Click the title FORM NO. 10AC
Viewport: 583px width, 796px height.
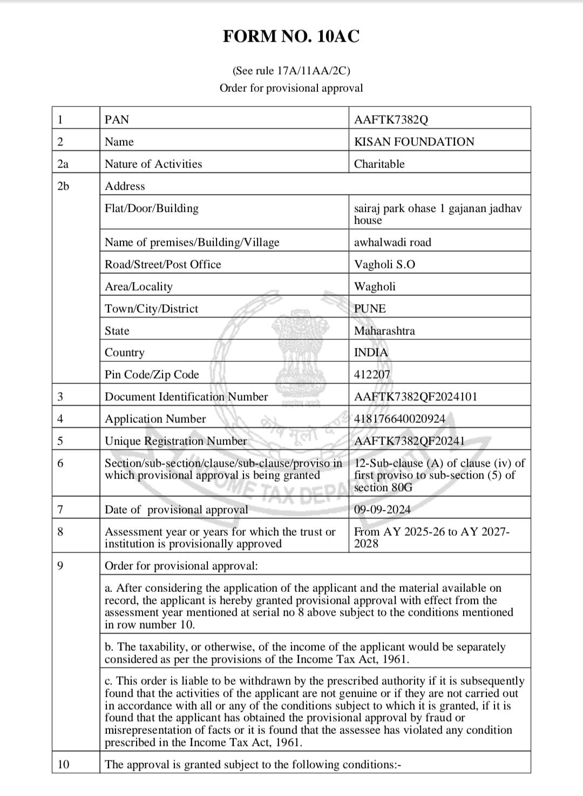coord(291,37)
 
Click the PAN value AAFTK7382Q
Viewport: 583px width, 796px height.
coord(391,120)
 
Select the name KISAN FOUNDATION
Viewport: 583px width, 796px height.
coord(414,142)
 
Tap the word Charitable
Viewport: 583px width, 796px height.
coord(379,164)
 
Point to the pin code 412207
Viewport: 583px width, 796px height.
coord(372,375)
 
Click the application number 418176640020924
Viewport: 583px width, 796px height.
coord(399,419)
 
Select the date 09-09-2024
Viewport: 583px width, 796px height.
coord(382,510)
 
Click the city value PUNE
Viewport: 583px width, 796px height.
coord(370,309)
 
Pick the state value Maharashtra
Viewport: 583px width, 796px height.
coord(384,331)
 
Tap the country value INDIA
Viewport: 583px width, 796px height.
coord(371,353)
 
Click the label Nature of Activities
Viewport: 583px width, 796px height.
coord(153,164)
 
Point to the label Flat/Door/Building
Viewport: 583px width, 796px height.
coord(152,208)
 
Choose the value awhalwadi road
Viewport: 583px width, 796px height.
coord(392,242)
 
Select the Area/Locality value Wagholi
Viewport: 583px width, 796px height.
coord(375,287)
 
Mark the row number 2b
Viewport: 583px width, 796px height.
coord(63,186)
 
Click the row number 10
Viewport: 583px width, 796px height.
coord(63,765)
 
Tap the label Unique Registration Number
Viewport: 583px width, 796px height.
coord(175,441)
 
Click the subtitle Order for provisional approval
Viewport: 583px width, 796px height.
coord(291,88)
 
